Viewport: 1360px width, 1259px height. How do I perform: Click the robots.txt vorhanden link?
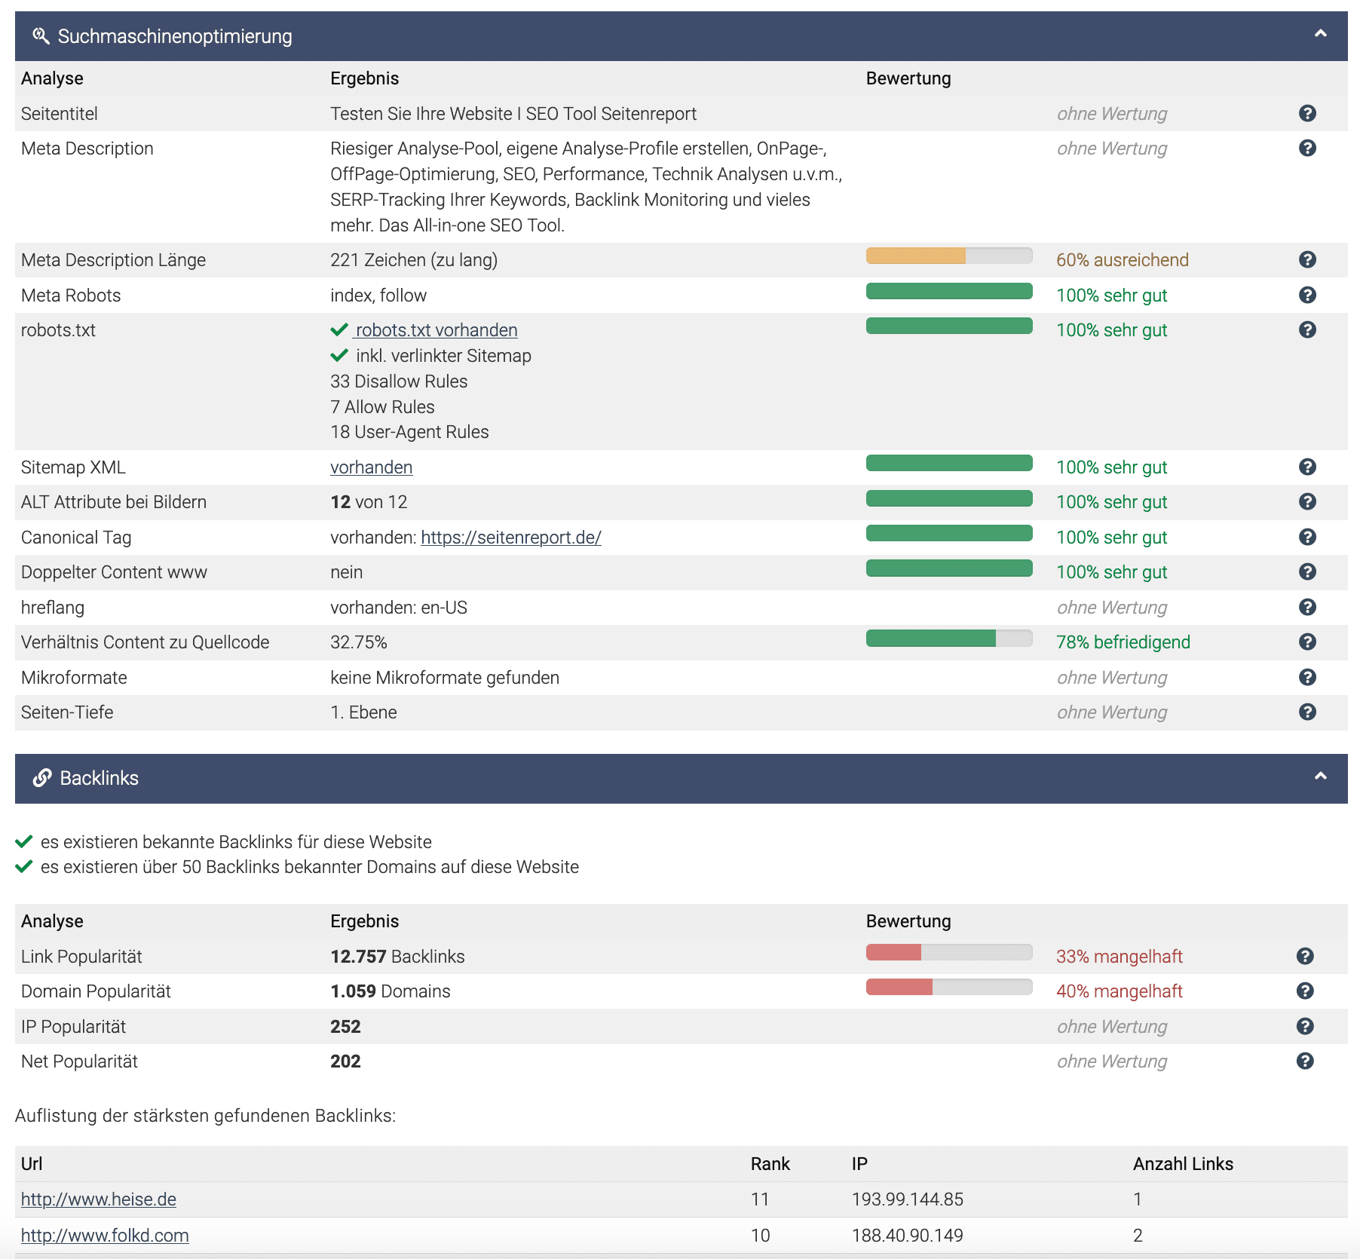tap(436, 330)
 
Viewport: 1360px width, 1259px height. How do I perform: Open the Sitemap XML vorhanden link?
tap(371, 467)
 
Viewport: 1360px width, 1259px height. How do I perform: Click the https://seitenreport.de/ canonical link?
tap(510, 538)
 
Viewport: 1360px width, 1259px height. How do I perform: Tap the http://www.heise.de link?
tap(99, 1199)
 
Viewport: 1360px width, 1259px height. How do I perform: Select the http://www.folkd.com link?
tap(105, 1236)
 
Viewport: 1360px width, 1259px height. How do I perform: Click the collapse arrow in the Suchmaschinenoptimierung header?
tap(1320, 34)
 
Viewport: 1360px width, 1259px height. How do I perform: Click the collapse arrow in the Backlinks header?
tap(1320, 777)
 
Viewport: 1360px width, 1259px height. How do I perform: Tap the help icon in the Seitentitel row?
tap(1307, 113)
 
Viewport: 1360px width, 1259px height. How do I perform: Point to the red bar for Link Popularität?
tap(894, 953)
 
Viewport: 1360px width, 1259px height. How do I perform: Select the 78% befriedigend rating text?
tap(1123, 642)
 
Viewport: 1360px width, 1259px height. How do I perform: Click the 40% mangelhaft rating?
tap(1119, 991)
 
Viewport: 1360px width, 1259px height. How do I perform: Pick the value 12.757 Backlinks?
tap(397, 957)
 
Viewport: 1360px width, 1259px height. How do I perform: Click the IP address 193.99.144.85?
tap(907, 1199)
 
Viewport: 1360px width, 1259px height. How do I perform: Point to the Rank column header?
tap(770, 1164)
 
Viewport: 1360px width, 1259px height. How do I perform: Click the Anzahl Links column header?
tap(1182, 1164)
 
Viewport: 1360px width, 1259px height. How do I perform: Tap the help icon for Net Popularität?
tap(1305, 1061)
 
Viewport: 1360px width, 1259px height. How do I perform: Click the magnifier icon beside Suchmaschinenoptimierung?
tap(41, 35)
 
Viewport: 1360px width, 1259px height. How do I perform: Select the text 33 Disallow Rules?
tap(398, 381)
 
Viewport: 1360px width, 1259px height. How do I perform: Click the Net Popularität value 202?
tap(345, 1061)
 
